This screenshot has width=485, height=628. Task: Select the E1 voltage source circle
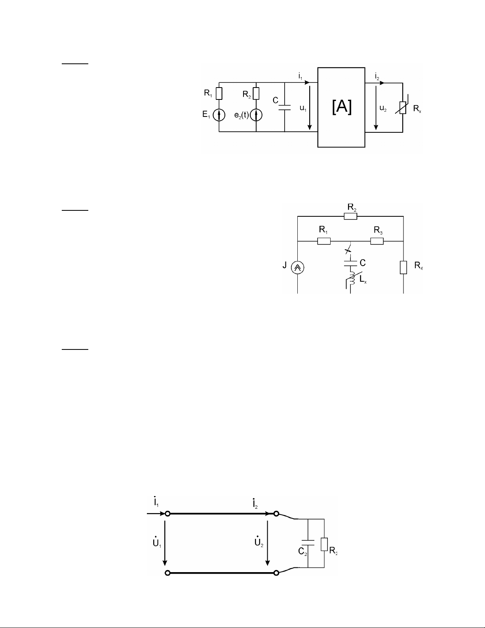[x=219, y=115]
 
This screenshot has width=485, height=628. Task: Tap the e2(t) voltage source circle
[x=256, y=115]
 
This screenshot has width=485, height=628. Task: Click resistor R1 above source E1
[x=219, y=94]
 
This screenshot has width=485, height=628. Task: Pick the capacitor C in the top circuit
[x=285, y=107]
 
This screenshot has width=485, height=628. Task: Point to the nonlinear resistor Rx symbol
[x=403, y=107]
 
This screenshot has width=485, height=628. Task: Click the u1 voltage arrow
[x=310, y=107]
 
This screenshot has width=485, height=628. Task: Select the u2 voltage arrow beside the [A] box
[x=376, y=107]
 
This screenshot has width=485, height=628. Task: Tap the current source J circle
[x=298, y=267]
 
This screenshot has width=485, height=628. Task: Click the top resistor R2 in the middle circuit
[x=350, y=216]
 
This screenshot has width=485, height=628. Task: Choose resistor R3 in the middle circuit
[x=377, y=241]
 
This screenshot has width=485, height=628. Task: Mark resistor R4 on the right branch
[x=403, y=267]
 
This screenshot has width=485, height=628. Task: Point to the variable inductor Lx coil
[x=351, y=279]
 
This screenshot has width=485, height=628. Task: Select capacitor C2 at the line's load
[x=308, y=542]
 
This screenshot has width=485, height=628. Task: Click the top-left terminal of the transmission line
[x=167, y=513]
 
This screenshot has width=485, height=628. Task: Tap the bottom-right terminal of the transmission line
[x=276, y=573]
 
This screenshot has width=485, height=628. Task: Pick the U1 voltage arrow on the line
[x=165, y=543]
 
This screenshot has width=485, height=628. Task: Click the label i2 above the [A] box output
[x=377, y=76]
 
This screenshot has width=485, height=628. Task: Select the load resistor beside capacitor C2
[x=324, y=544]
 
